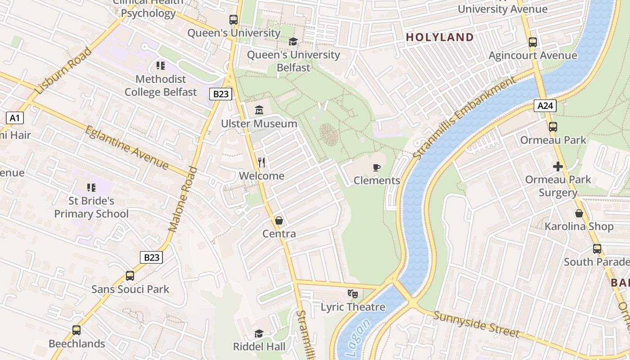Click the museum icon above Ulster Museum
(259, 110)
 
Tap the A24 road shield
(545, 106)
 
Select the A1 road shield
(15, 118)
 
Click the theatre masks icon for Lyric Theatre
(353, 294)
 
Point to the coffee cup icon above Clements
(377, 167)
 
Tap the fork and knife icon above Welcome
(261, 162)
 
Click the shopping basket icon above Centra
(279, 220)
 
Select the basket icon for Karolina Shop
(579, 213)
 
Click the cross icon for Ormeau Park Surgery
(558, 166)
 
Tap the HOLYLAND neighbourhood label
(440, 37)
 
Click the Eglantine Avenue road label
(127, 148)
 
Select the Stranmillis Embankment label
(464, 118)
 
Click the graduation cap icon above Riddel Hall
(259, 333)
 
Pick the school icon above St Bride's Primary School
(91, 188)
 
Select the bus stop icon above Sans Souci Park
(130, 276)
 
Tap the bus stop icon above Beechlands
(76, 330)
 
